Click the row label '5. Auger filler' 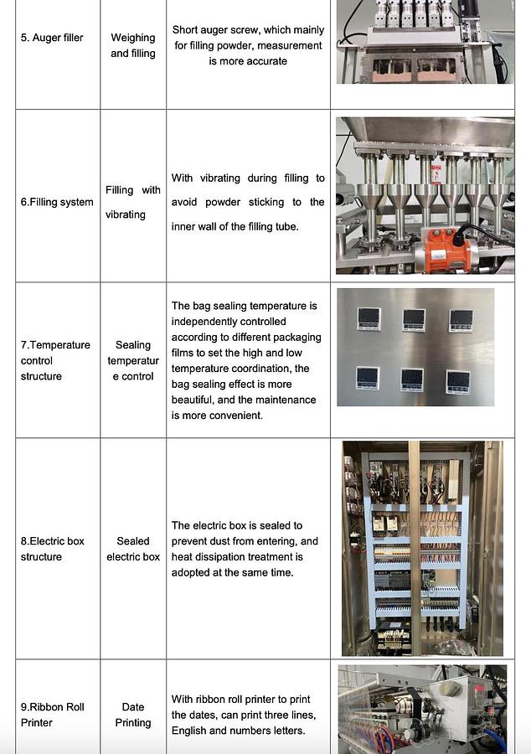tap(51, 38)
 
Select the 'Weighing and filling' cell tap(133, 45)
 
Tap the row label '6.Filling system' tap(57, 202)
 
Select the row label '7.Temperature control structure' tap(55, 360)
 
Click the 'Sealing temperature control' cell tap(133, 360)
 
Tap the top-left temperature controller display tap(369, 318)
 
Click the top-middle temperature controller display tap(414, 319)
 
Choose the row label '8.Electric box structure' tap(52, 549)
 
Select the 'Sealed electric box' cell tap(133, 549)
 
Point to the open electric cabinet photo tap(422, 549)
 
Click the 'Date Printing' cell tap(133, 715)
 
